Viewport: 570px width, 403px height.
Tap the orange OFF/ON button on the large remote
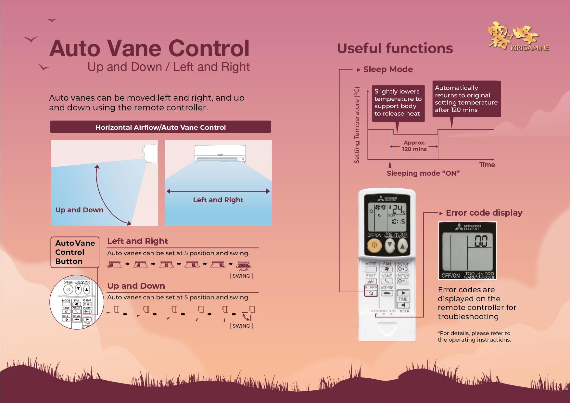374,246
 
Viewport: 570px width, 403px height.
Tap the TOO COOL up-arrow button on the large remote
402,246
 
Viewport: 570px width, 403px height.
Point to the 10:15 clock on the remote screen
398,221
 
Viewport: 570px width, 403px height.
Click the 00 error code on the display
481,242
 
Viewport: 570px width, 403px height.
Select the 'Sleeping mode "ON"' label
423,173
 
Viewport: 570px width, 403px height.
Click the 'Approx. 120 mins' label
414,146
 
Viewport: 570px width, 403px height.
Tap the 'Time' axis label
487,165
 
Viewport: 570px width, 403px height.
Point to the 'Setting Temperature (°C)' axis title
357,125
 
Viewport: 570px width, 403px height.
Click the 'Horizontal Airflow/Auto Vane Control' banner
160,127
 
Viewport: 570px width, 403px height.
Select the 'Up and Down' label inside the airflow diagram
80,210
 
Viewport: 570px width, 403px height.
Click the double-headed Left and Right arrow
218,191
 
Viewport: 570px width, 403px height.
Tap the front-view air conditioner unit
220,154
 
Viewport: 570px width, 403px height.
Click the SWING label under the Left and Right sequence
241,276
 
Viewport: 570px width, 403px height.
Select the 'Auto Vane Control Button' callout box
75,252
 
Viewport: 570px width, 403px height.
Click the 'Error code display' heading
484,213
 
